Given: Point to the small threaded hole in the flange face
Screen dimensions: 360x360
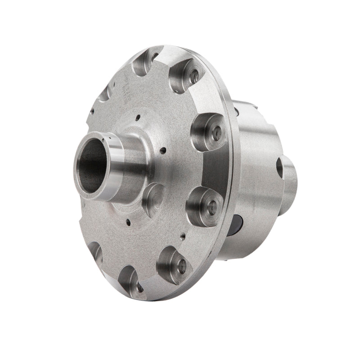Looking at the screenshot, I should coord(183,234).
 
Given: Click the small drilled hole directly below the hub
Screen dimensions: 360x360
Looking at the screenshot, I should coord(129,221).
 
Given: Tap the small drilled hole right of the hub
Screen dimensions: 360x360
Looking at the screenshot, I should coord(164,151).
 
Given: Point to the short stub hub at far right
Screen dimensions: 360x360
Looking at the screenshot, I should coord(290,180).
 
